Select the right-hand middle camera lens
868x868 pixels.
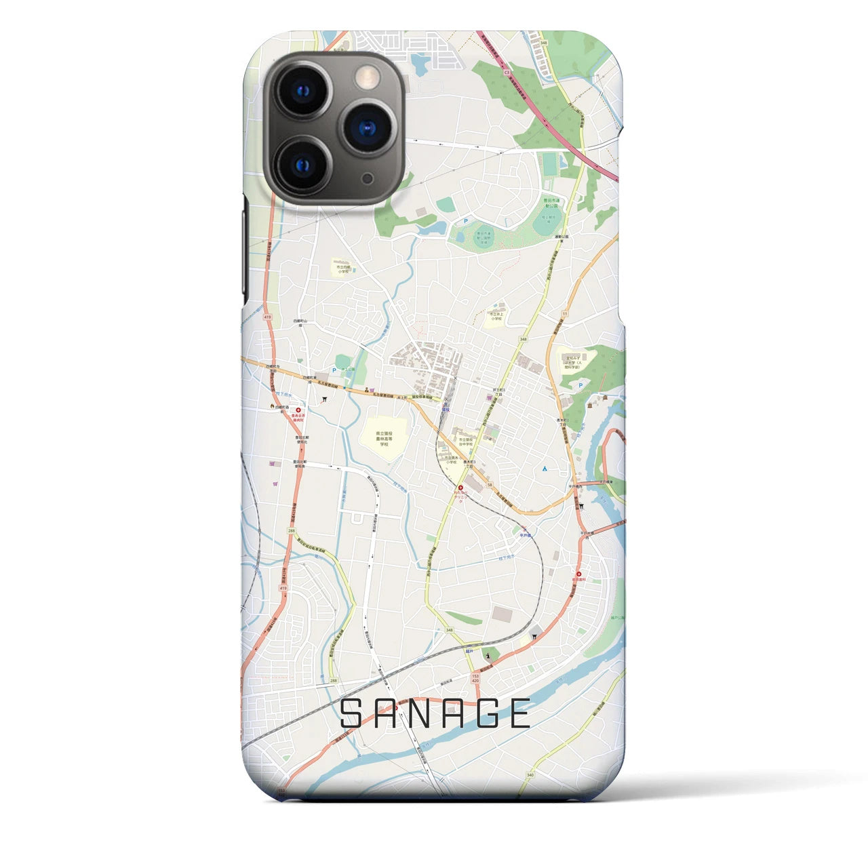(367, 127)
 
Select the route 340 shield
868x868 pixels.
(530, 774)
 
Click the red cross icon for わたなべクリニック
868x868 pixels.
(461, 488)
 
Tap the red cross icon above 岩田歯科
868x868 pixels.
(578, 572)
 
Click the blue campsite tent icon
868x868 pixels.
(545, 469)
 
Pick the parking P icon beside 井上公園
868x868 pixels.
(334, 370)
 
